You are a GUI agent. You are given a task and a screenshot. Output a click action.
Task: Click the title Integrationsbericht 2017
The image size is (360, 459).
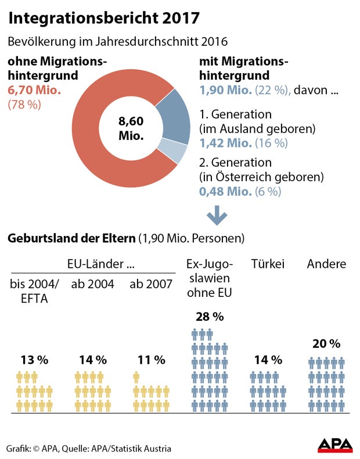(105, 18)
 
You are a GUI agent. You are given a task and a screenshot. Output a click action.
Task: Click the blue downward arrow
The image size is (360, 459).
(217, 216)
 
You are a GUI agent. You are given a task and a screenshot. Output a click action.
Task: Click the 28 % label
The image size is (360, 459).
(210, 317)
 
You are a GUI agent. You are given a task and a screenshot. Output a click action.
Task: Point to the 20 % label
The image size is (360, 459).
(326, 343)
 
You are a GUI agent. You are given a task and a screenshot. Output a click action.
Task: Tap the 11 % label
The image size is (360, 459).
(151, 360)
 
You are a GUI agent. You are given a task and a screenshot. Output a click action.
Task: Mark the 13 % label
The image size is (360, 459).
(34, 360)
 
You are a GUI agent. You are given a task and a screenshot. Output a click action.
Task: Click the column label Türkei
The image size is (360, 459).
(268, 264)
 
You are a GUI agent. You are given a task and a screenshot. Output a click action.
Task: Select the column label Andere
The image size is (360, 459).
(326, 264)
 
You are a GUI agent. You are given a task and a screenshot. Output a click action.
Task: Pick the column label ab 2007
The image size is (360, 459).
(151, 284)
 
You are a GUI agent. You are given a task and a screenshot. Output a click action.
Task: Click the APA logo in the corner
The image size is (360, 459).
(335, 445)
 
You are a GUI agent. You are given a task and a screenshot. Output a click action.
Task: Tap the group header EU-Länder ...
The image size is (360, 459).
(95, 264)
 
